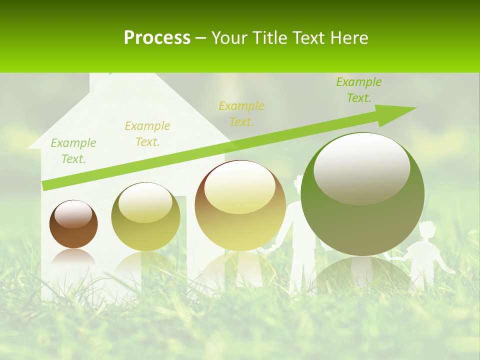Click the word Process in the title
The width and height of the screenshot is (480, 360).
(x=157, y=38)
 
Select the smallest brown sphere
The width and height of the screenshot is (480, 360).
(x=73, y=224)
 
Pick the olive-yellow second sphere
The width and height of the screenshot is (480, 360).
(x=145, y=216)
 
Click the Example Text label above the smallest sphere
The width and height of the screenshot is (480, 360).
(x=73, y=151)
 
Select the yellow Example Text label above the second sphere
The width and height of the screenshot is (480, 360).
(x=147, y=134)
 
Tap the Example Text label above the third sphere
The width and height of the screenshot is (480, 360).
(x=241, y=113)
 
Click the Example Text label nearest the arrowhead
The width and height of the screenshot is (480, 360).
(x=359, y=90)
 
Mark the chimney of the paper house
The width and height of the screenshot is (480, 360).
(x=100, y=82)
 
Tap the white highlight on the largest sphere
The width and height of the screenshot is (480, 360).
(x=361, y=167)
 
